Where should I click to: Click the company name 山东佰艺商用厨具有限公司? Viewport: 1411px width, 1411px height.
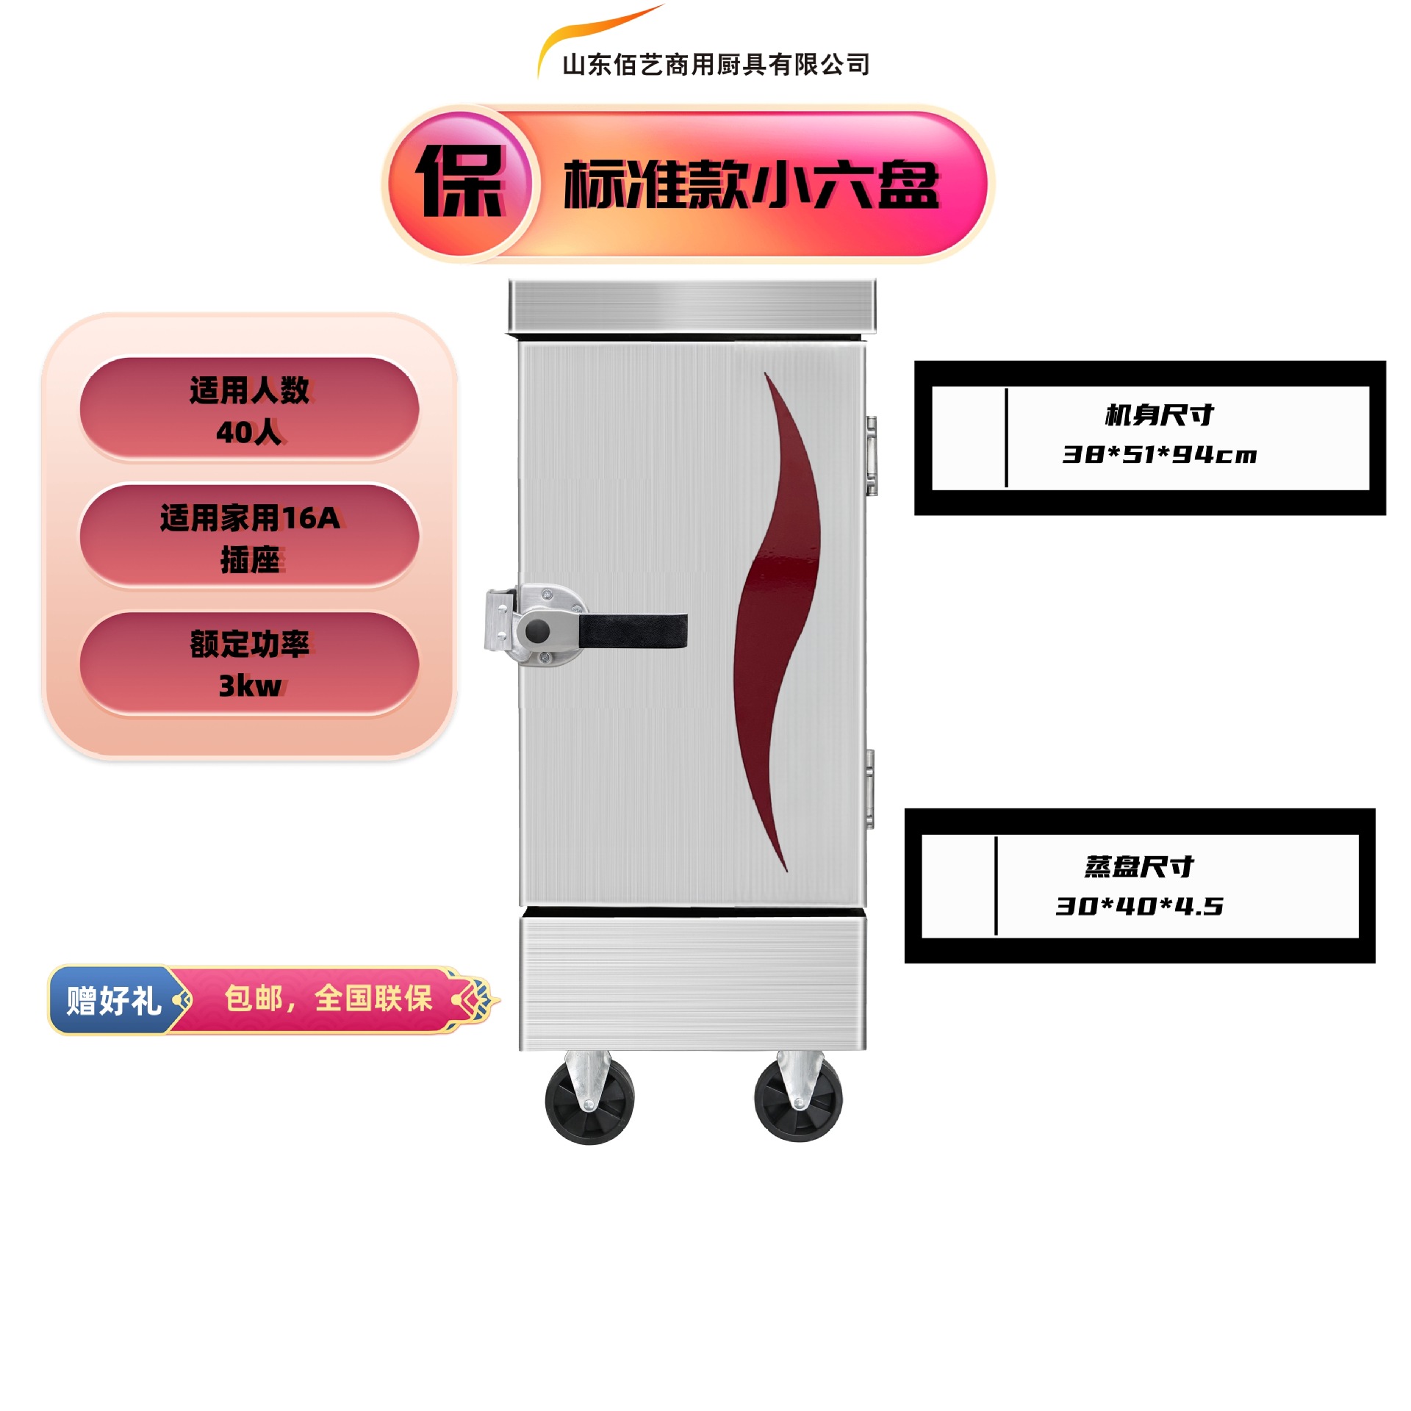point(715,65)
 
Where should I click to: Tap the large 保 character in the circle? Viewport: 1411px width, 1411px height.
point(461,182)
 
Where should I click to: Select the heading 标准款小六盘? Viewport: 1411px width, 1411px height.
point(751,184)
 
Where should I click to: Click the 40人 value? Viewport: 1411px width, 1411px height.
point(249,432)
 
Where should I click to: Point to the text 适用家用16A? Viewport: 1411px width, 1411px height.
point(250,518)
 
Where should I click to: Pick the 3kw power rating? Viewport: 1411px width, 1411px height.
point(250,686)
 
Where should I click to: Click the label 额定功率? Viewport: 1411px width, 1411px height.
point(250,644)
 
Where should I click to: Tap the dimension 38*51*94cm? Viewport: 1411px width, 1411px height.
point(1159,455)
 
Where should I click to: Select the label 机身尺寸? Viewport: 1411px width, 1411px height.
point(1159,415)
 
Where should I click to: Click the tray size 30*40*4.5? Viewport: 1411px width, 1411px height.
point(1139,906)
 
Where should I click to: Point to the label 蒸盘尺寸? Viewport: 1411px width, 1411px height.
point(1139,866)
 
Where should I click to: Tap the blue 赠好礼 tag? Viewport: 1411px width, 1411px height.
point(113,1000)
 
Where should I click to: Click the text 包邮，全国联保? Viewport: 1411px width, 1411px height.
point(328,999)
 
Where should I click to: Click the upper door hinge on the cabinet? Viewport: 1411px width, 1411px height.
point(871,456)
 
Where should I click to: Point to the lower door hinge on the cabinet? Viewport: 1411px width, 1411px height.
point(869,789)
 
